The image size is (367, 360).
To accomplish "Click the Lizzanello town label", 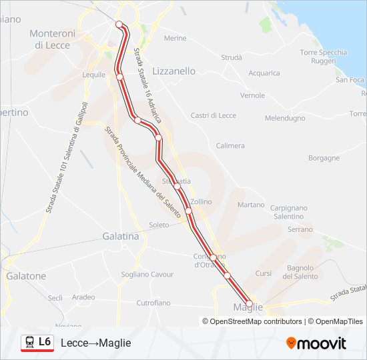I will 174,71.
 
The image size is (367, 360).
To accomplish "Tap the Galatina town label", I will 121,236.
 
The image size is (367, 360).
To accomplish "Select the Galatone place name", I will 26,275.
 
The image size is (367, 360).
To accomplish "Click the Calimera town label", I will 230,145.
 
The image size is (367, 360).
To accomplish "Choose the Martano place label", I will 251,205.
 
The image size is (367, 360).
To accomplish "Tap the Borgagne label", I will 324,158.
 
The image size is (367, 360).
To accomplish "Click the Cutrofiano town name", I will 153,303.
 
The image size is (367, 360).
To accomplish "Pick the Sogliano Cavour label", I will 147,274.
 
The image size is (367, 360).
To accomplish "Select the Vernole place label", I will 253,95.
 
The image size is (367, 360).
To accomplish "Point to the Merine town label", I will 175,38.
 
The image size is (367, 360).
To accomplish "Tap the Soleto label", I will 159,225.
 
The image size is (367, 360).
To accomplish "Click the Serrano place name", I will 300,229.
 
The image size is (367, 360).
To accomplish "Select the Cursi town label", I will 264,273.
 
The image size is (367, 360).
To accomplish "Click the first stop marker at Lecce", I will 120,25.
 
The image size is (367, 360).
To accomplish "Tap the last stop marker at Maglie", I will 249,304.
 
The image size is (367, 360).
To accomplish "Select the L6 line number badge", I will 45,342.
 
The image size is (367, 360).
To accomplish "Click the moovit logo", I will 316,343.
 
